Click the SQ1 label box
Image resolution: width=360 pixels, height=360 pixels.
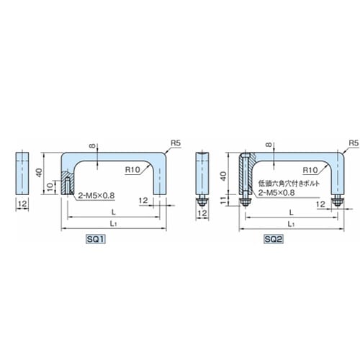[96, 239]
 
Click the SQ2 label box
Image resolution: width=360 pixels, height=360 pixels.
[274, 239]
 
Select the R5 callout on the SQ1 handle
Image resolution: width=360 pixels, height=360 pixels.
[176, 143]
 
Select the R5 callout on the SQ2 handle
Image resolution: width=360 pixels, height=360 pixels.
[354, 143]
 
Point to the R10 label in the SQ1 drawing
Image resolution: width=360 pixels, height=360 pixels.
[132, 170]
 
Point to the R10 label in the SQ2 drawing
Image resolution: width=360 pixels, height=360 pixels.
[310, 170]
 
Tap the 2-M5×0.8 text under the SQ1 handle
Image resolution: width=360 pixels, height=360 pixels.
[96, 196]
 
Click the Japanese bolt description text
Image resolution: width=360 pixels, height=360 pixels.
[289, 184]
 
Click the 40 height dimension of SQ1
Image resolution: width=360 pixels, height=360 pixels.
[39, 173]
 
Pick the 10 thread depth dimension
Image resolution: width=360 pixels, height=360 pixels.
[50, 186]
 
